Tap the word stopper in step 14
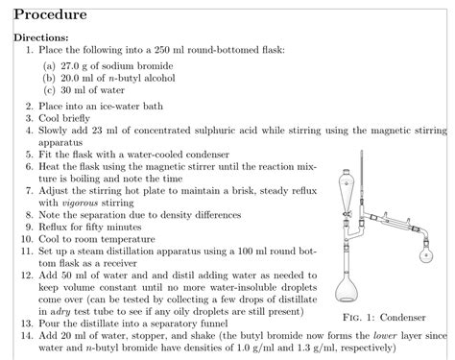[164, 335]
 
